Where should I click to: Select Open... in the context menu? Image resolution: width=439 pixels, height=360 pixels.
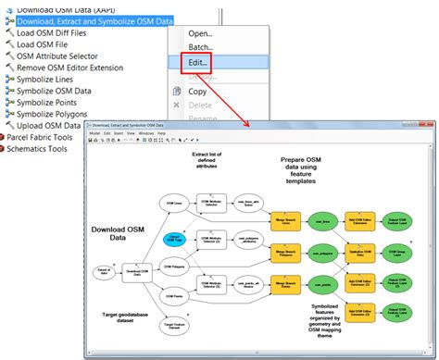tap(200, 33)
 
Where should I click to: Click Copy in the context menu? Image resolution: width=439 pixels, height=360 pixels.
tap(197, 92)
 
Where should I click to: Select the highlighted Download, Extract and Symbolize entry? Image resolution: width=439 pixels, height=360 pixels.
tap(94, 20)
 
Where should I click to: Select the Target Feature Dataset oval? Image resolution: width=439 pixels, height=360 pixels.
tap(173, 325)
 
